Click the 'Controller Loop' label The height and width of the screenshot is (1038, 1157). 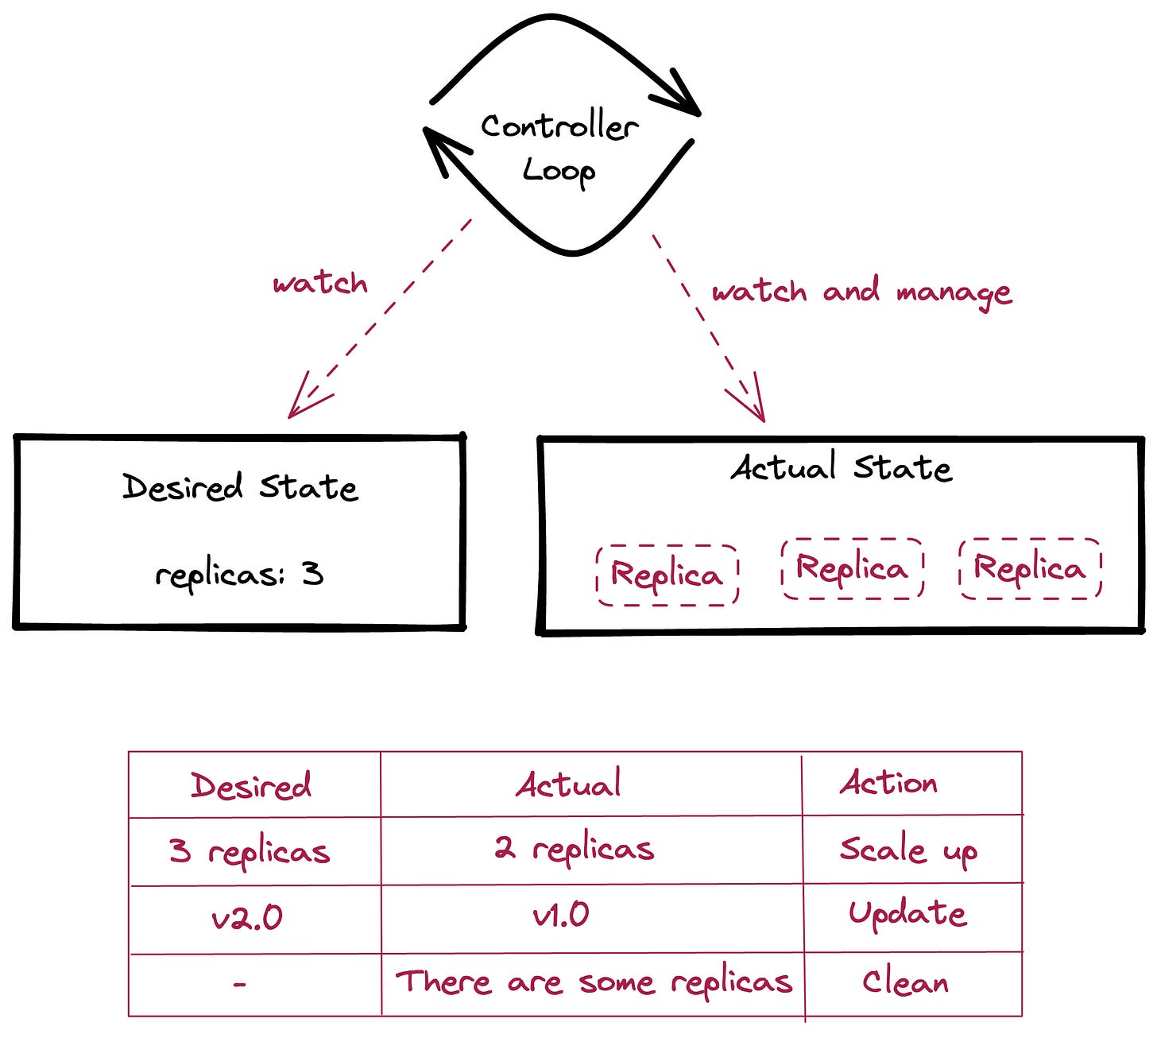(x=559, y=149)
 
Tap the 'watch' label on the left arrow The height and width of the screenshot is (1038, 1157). (x=320, y=284)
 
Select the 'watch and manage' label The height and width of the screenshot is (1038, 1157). (x=861, y=292)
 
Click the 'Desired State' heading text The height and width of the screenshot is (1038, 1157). (x=240, y=487)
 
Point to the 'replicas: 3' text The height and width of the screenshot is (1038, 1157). (x=239, y=575)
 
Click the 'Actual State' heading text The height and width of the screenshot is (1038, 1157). (x=841, y=467)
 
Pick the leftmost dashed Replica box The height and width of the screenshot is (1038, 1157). (x=667, y=575)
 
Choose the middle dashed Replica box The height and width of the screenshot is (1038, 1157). (x=852, y=568)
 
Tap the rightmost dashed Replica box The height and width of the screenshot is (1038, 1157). (x=1030, y=568)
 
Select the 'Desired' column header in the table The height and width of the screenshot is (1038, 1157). (x=251, y=785)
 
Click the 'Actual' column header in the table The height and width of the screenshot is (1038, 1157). (x=569, y=784)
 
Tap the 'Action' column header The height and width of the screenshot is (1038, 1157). (x=888, y=783)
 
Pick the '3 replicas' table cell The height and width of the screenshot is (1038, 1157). (x=250, y=851)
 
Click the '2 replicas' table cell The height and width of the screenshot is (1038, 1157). (x=575, y=849)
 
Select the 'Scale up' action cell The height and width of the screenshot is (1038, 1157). (x=908, y=850)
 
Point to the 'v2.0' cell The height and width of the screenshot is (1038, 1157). (x=247, y=918)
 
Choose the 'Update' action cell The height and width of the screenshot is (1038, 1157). (x=907, y=914)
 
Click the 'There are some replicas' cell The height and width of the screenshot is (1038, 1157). (x=594, y=982)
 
